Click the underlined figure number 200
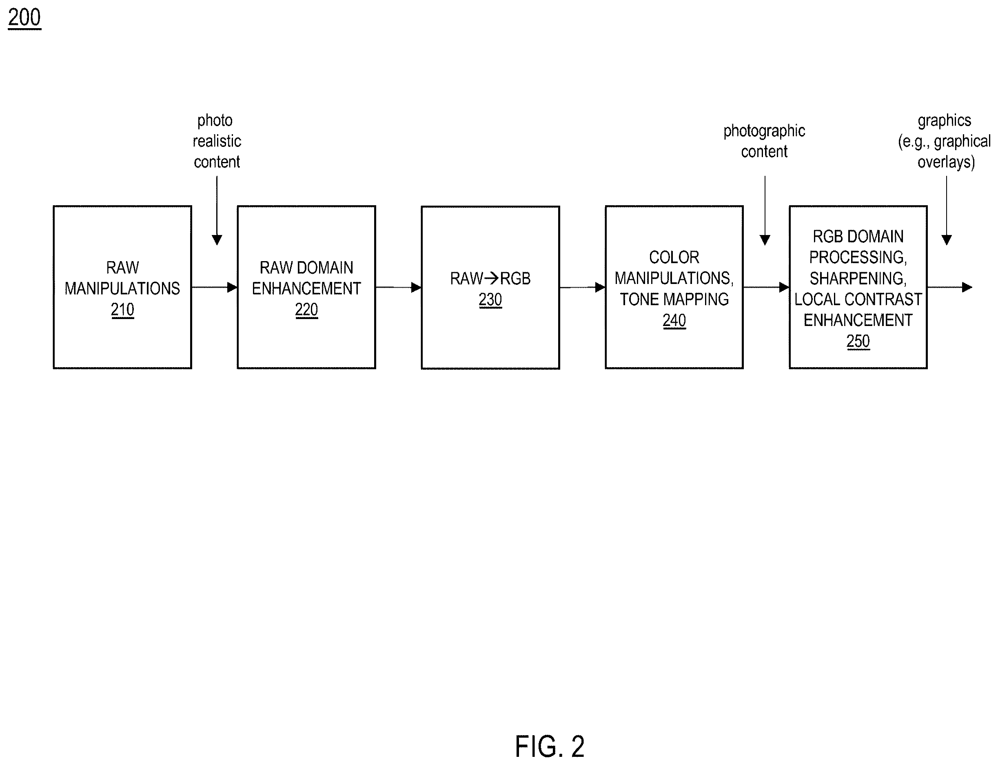(24, 18)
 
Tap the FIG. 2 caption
(550, 746)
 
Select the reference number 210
(122, 310)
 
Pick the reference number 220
(306, 310)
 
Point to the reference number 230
(490, 299)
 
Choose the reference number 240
(674, 321)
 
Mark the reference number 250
(858, 341)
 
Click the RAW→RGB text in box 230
(490, 278)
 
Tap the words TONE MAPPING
(674, 299)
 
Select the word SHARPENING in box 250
(858, 278)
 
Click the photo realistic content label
(217, 141)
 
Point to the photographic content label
(765, 141)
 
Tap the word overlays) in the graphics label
(946, 162)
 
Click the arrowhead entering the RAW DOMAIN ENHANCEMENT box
(232, 287)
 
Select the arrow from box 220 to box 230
(398, 287)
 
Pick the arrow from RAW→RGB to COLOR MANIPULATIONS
(582, 287)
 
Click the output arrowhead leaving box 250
(967, 287)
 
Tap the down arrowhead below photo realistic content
(217, 240)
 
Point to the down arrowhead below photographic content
(765, 240)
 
